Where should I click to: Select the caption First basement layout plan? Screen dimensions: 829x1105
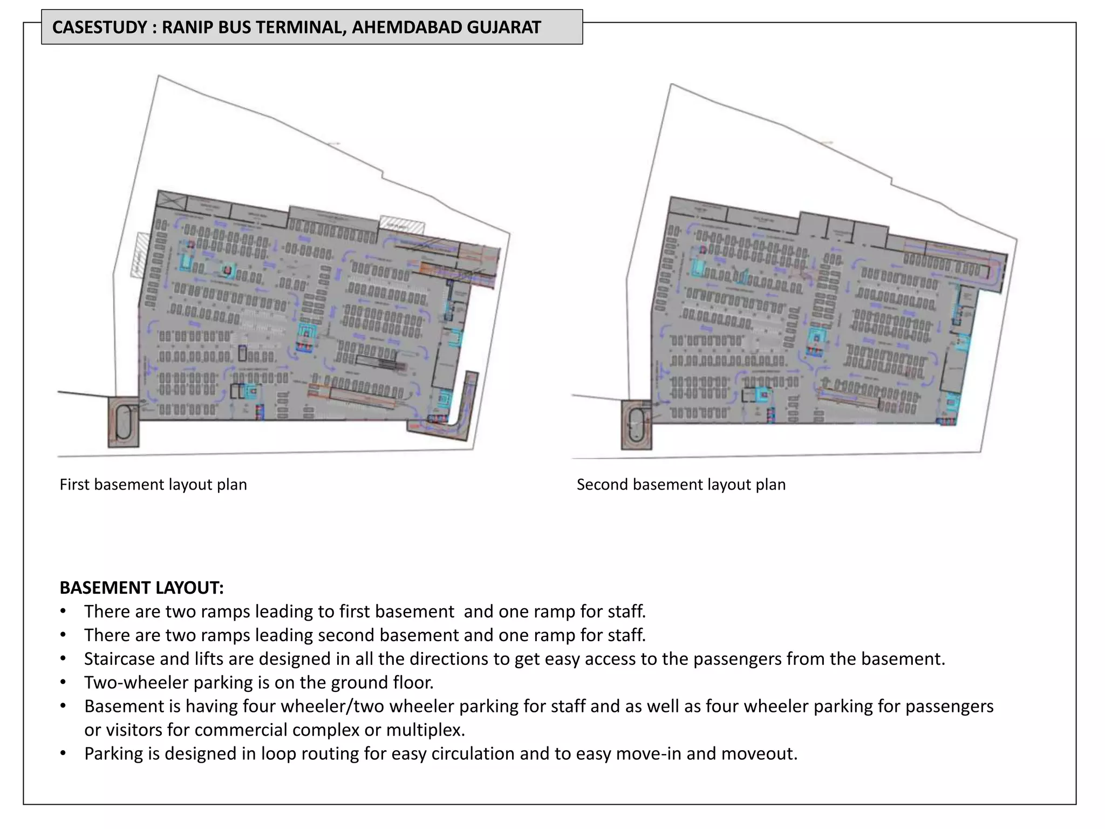point(153,484)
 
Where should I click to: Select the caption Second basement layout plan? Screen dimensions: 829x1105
point(681,484)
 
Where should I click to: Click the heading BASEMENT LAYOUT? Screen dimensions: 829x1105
point(141,587)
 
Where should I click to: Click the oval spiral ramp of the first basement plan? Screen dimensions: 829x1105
point(124,422)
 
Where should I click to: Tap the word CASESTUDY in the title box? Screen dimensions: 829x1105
point(100,27)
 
